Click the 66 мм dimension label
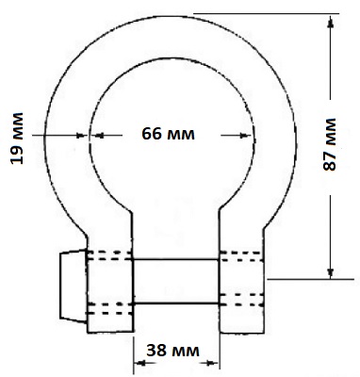(168, 134)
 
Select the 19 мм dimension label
(17, 138)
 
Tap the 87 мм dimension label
(330, 144)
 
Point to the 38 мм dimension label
(172, 350)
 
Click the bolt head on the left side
(73, 286)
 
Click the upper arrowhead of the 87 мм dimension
(330, 22)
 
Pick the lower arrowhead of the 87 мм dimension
(330, 271)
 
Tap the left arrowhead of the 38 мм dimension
(139, 363)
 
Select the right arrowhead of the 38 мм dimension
(213, 363)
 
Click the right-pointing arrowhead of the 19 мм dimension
(82, 136)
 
